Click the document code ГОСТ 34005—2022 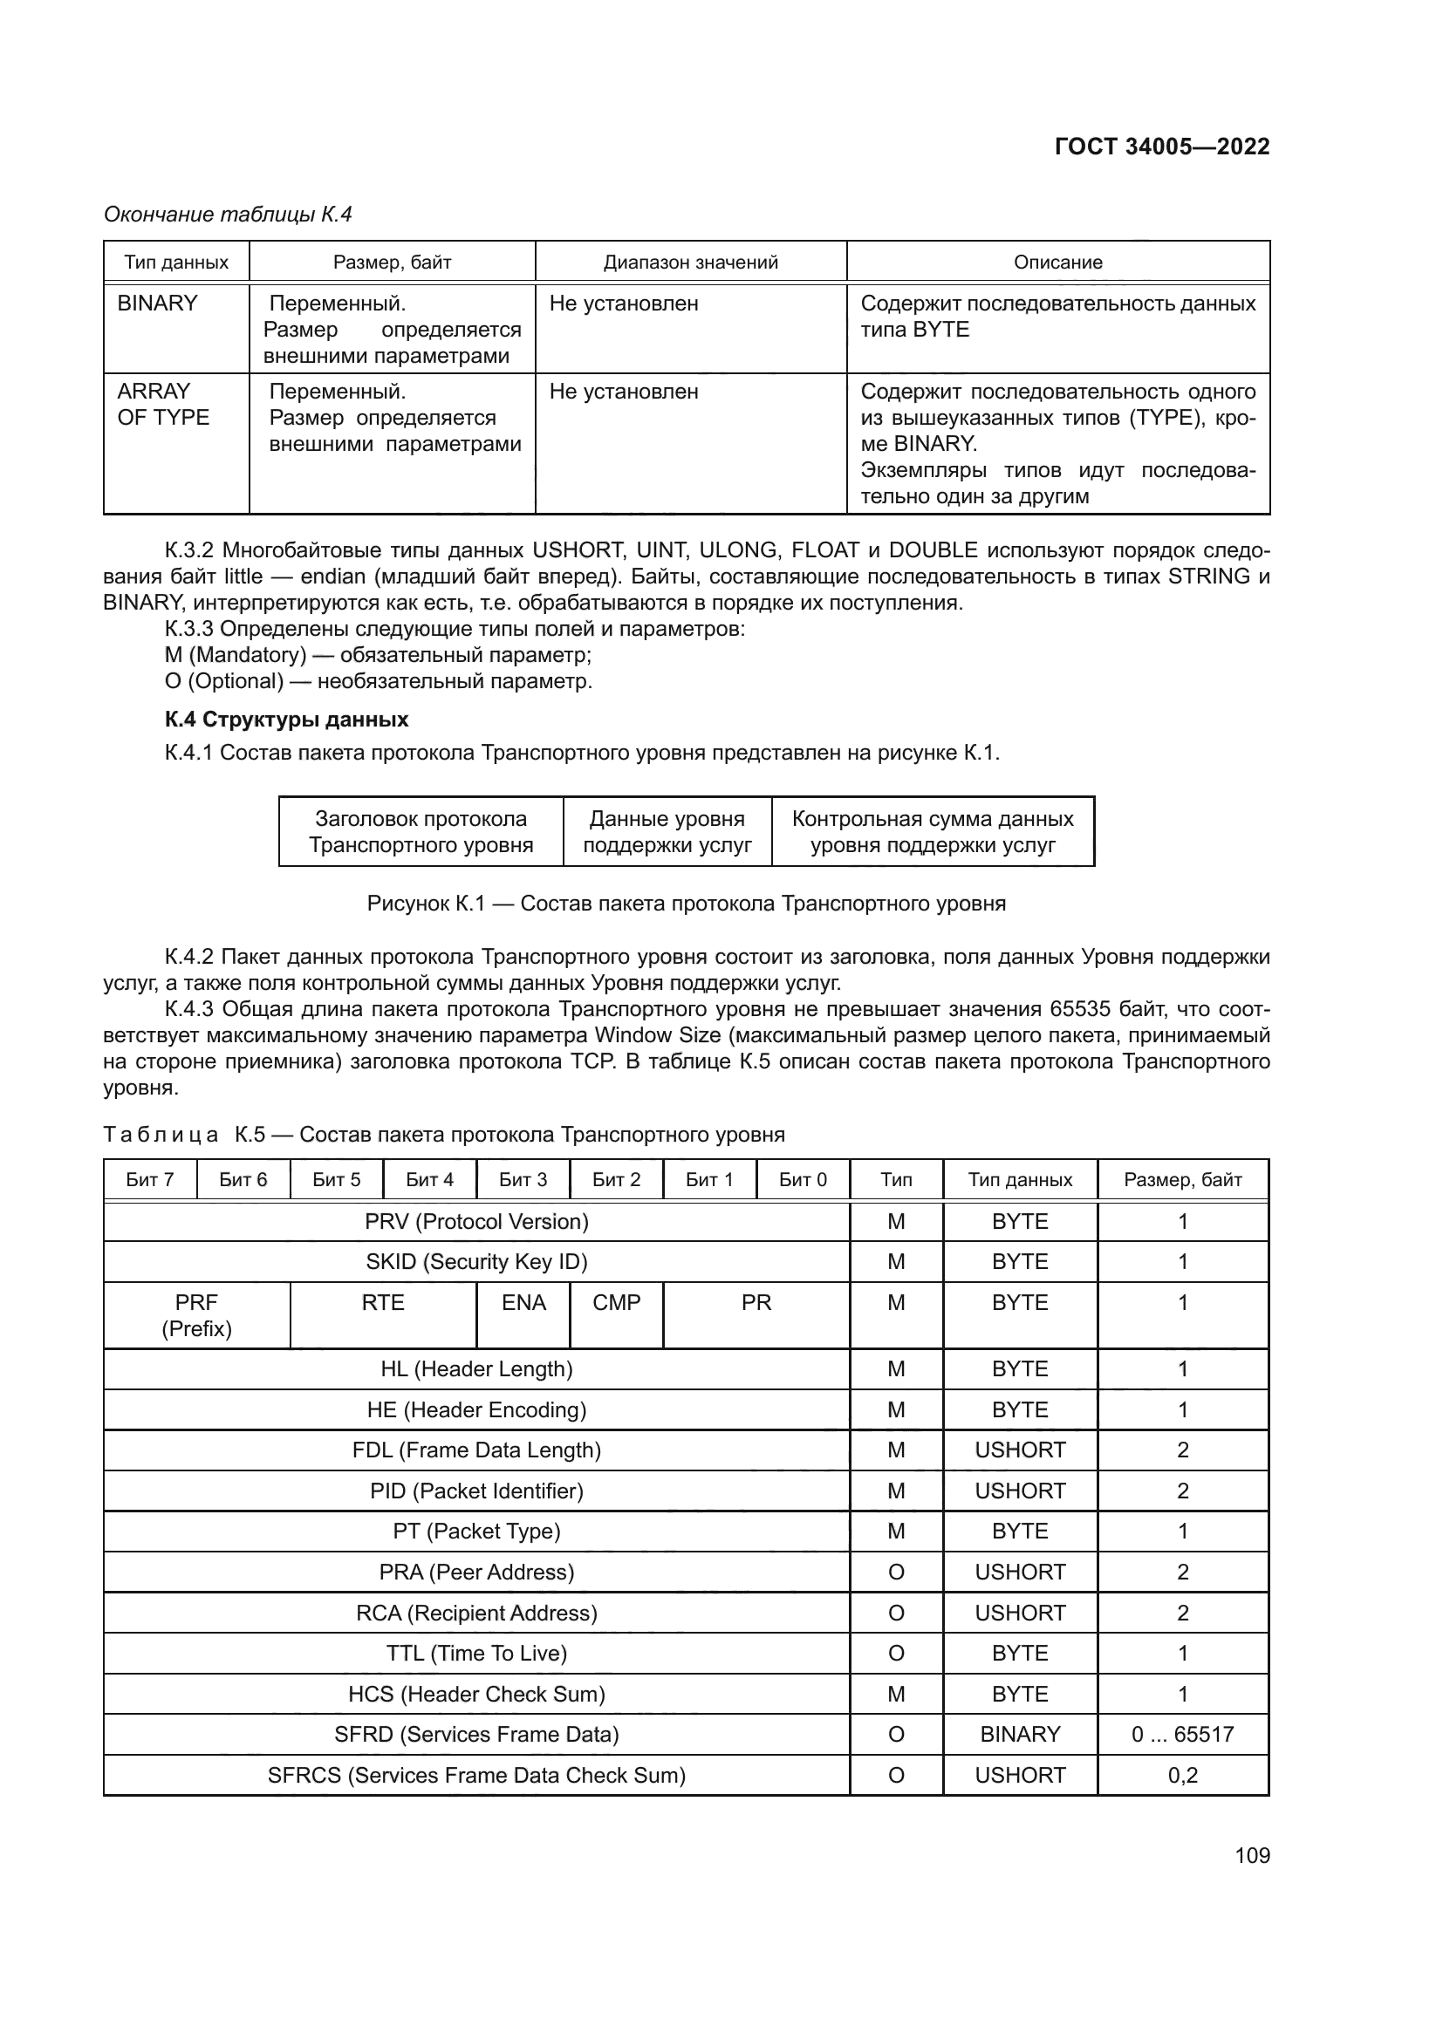tap(1161, 147)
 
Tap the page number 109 tap(1252, 1855)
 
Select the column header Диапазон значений tap(690, 263)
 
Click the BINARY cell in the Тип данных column tap(157, 304)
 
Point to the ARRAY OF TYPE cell tap(162, 405)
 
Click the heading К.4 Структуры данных tap(286, 719)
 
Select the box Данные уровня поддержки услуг tap(667, 832)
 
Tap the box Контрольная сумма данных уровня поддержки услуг tap(932, 832)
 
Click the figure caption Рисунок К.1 tap(686, 904)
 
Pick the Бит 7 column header tap(149, 1180)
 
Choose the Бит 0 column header tap(803, 1180)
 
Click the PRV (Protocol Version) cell tap(476, 1222)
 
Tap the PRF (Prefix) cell tap(196, 1315)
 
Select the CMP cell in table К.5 tap(616, 1302)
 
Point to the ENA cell tap(523, 1302)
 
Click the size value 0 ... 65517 tap(1182, 1735)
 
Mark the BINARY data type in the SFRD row tap(1019, 1735)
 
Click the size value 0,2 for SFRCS tap(1182, 1775)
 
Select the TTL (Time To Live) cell tap(476, 1654)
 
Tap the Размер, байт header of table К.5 tap(1182, 1180)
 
